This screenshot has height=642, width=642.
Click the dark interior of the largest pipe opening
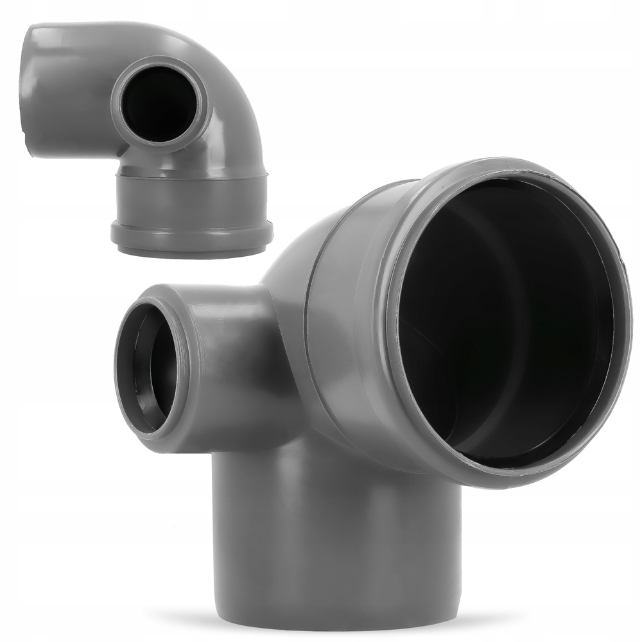click(x=507, y=321)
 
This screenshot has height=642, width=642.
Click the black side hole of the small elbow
click(x=159, y=103)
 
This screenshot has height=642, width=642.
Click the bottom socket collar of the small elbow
click(x=193, y=199)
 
